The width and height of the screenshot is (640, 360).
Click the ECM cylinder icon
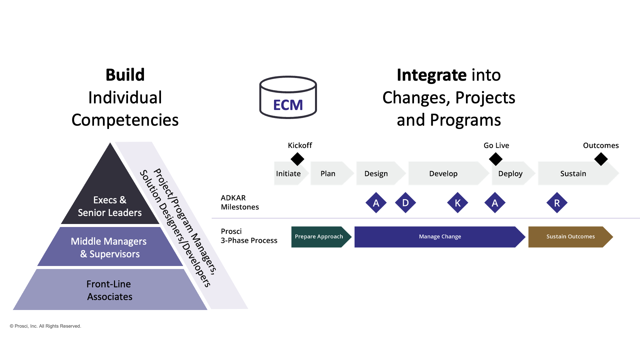288,97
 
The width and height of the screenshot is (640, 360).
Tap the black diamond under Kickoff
297,159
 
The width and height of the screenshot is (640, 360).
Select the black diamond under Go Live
496,159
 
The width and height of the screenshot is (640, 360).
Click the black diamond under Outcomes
601,159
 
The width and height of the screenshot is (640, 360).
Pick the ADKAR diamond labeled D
405,203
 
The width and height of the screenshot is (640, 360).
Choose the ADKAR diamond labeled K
458,203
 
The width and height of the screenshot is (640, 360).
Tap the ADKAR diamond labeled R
557,203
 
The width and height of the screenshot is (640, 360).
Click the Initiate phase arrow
289,174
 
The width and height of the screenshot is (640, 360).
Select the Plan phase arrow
328,174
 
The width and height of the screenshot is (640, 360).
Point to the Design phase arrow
377,174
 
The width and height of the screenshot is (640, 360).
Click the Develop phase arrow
444,174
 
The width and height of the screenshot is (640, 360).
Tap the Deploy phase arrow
511,174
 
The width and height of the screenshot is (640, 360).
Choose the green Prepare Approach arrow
319,237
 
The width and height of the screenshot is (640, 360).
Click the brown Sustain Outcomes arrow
570,237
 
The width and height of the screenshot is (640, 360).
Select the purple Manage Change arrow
440,237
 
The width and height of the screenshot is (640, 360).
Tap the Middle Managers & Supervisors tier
110,247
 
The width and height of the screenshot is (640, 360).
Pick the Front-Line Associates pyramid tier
110,290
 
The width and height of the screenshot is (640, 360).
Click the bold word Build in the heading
125,75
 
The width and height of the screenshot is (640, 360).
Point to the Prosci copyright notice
45,326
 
